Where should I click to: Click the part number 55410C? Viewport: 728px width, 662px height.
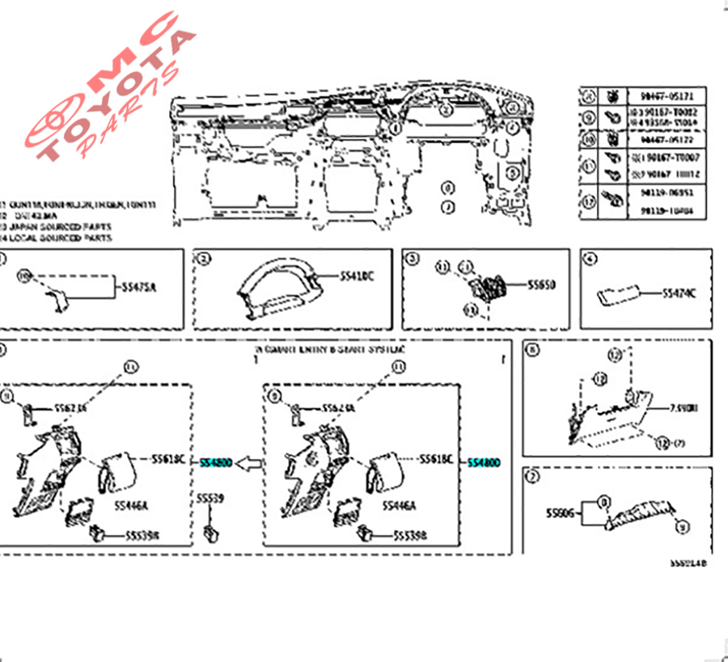358,277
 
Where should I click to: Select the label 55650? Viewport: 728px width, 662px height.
542,285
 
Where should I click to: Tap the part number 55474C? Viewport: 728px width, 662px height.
679,293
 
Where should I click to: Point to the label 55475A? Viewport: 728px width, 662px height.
139,286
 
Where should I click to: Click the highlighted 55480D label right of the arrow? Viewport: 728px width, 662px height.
485,462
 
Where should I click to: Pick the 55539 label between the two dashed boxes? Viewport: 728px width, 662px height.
210,500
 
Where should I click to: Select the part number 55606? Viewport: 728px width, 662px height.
560,512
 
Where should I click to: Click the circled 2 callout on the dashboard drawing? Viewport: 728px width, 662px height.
446,110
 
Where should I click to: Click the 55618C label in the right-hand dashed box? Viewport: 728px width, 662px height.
437,459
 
